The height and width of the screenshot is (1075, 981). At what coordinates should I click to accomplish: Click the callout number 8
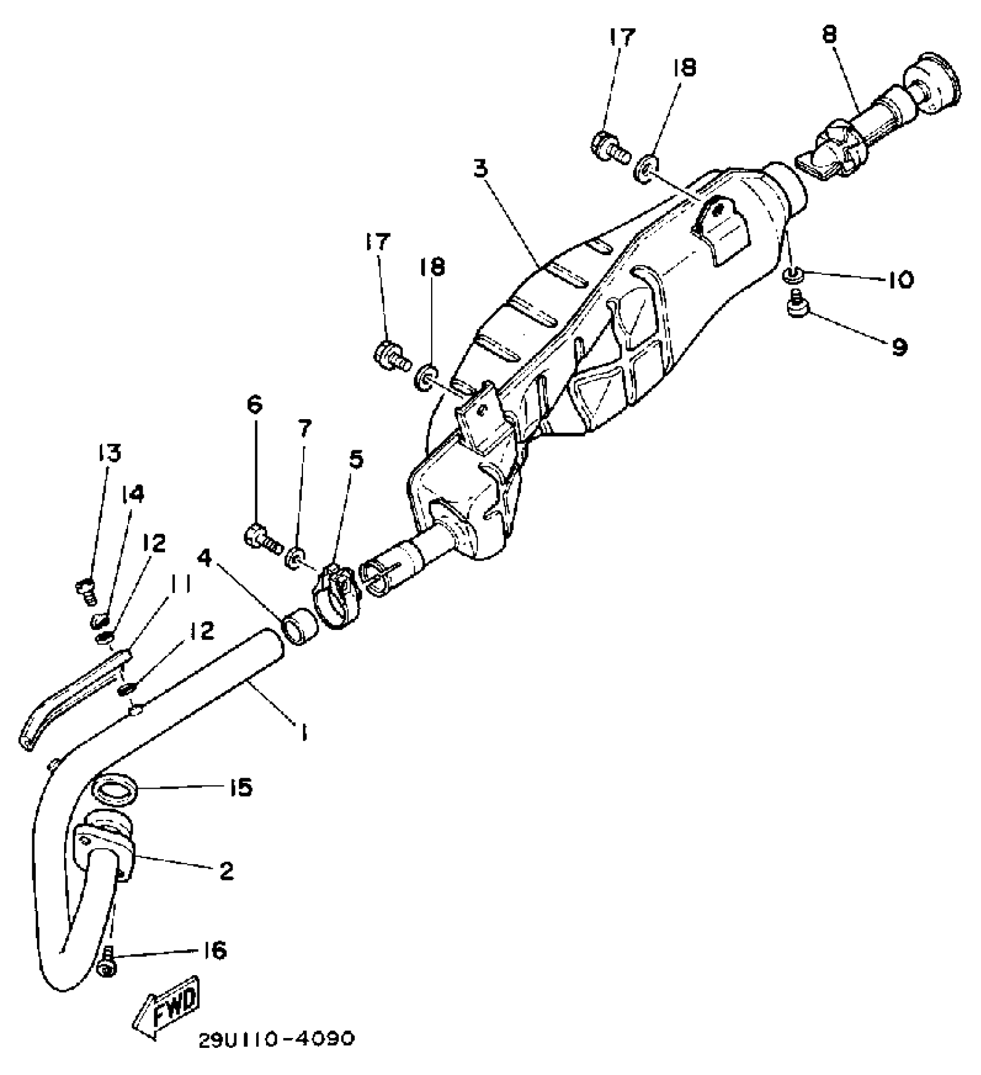pyautogui.click(x=829, y=36)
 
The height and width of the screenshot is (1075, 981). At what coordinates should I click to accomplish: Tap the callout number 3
pyautogui.click(x=481, y=169)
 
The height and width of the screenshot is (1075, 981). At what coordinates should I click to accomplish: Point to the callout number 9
pyautogui.click(x=899, y=346)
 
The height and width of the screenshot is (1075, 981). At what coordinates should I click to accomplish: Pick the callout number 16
pyautogui.click(x=214, y=951)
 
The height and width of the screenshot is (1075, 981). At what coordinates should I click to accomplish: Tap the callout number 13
pyautogui.click(x=109, y=453)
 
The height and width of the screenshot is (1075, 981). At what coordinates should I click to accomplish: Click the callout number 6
pyautogui.click(x=254, y=405)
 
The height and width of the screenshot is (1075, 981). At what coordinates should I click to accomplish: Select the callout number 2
pyautogui.click(x=226, y=871)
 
